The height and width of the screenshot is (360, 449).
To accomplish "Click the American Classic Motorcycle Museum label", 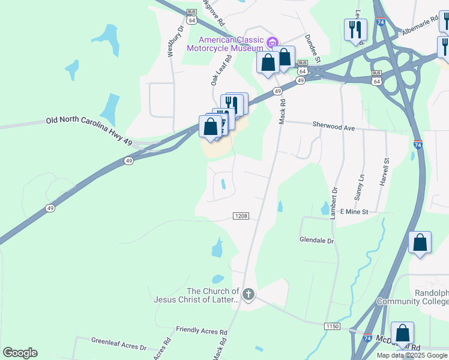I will point(228,44).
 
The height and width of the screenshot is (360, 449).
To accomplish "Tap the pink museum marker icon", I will point(273,41).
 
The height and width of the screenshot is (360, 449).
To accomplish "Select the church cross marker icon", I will point(249,294).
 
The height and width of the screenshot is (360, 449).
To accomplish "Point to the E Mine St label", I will point(355,212).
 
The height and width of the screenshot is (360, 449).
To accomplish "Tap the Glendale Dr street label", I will point(316,240).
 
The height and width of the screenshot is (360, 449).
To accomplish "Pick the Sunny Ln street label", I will point(360,187).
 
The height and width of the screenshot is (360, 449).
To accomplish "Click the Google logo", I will point(20,353).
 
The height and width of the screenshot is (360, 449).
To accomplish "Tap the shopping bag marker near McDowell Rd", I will point(402,333).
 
